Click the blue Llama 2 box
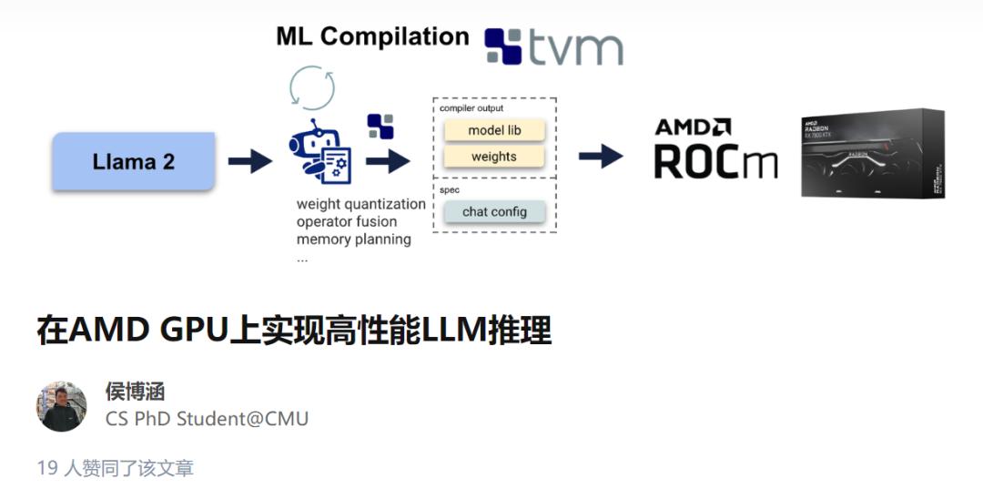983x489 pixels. [x=133, y=162]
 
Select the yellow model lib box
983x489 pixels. [x=494, y=130]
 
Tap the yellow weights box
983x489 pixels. [x=494, y=157]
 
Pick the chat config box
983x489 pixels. [x=494, y=211]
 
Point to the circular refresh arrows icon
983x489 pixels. [x=312, y=87]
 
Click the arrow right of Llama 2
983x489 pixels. [x=248, y=162]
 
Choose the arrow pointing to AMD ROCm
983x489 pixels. [x=601, y=157]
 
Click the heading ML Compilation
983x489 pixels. [x=372, y=36]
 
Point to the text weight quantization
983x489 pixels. [x=360, y=204]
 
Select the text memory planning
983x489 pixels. [x=353, y=239]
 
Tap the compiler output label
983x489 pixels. [x=471, y=108]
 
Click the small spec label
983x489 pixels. [x=450, y=190]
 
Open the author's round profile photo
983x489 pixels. [x=61, y=406]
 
